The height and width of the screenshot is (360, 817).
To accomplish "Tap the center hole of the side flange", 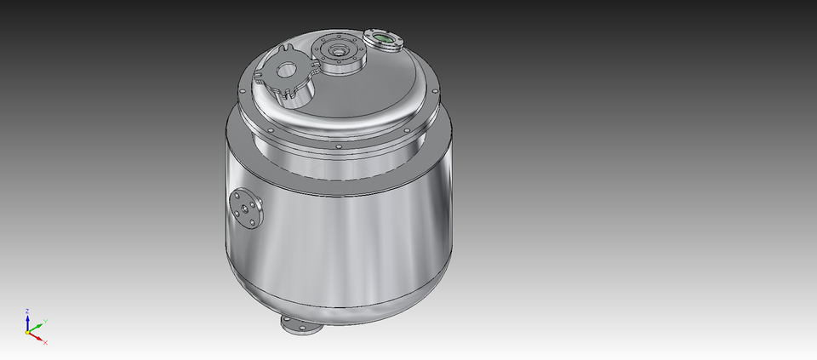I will (x=246, y=209).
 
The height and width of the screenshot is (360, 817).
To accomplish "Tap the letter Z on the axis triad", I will (x=27, y=311).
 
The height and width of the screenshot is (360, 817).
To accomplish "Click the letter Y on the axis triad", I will (x=44, y=321).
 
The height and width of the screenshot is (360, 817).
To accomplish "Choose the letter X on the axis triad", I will (x=45, y=342).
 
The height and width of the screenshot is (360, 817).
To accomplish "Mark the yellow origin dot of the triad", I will (x=28, y=332).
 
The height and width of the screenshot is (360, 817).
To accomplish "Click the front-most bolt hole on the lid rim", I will (x=339, y=146).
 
